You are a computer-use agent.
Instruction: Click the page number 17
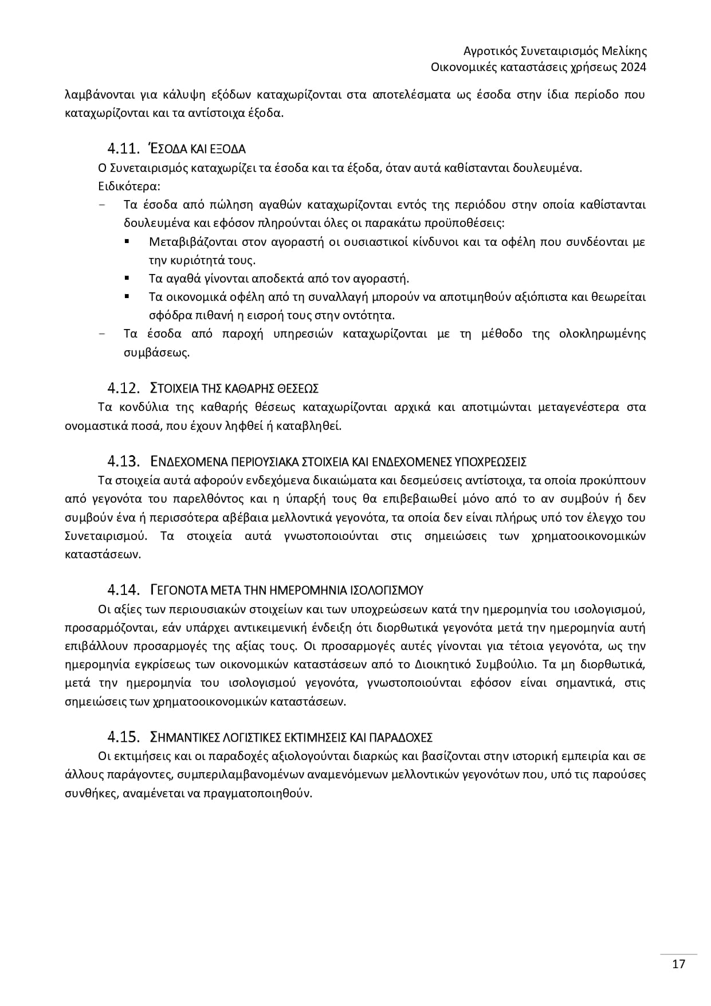678,964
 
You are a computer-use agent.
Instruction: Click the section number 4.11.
123,149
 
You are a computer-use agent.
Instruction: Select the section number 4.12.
123,388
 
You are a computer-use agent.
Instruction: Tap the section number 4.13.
123,461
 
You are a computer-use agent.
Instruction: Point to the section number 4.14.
123,590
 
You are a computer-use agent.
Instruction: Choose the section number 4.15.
123,737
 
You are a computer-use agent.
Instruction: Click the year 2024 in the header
633,67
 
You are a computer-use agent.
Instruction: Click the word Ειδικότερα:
129,186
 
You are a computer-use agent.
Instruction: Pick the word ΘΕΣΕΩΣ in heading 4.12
298,389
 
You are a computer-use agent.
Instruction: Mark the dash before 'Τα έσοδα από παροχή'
102,334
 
